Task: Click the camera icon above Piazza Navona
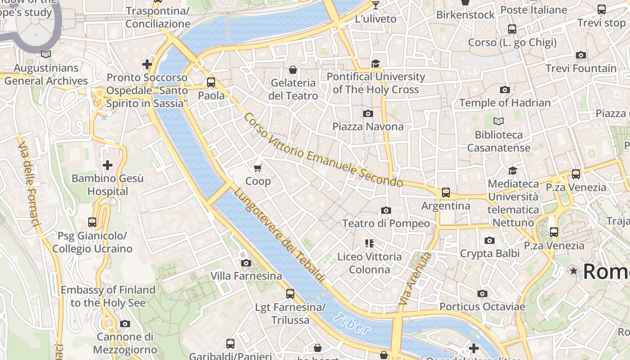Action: (368, 113)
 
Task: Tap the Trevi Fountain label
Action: (581, 68)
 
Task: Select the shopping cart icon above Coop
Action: (257, 168)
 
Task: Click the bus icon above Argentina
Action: (445, 193)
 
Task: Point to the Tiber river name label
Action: (352, 324)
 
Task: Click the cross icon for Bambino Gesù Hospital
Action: (108, 165)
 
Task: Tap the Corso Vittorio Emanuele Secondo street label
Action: (323, 150)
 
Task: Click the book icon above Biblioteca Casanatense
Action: (499, 121)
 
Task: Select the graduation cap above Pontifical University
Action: (376, 63)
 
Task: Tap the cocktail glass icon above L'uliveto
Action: (376, 5)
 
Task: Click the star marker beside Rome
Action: (574, 271)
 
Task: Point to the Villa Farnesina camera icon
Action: (246, 263)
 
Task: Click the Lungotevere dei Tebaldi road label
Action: (279, 235)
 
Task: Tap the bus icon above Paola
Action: (211, 82)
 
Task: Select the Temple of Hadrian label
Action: (505, 103)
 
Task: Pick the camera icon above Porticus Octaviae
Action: (482, 294)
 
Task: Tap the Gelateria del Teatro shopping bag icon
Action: (293, 70)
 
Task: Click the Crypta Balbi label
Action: (490, 253)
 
